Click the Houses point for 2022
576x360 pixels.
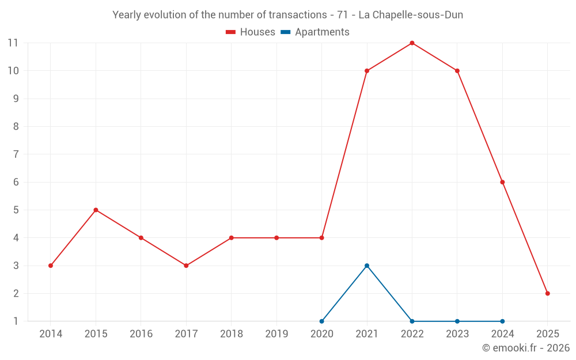[412, 43]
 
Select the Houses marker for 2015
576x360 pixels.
[96, 210]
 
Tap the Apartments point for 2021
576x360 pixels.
[367, 266]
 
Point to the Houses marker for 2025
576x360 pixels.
[547, 293]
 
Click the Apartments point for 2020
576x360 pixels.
[321, 321]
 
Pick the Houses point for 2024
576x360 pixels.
[502, 182]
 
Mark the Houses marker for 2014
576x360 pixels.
[51, 266]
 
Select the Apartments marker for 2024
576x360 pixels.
[502, 321]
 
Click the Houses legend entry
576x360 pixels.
[251, 32]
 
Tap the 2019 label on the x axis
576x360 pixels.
[276, 334]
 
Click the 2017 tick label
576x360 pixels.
[186, 334]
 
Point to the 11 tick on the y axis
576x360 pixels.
[13, 43]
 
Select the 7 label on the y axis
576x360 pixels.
[16, 154]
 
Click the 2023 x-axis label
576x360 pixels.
[457, 334]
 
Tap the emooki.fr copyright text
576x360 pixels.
[526, 348]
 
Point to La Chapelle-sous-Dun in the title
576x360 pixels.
[411, 15]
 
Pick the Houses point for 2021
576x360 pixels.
[367, 71]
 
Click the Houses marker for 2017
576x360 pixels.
[186, 266]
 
